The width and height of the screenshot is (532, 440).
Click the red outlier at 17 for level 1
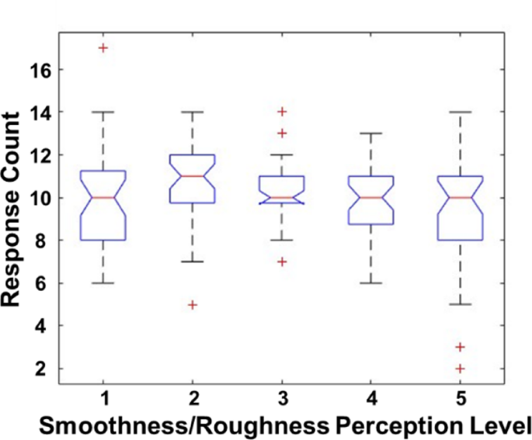coord(103,48)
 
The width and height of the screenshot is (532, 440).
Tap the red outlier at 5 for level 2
coord(193,304)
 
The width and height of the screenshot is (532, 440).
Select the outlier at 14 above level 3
coord(282,112)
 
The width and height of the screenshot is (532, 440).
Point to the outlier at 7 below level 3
coord(282,262)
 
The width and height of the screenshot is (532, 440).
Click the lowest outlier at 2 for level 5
coord(461,369)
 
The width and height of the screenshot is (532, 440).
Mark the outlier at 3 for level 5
coord(461,347)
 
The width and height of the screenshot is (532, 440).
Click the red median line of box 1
coord(103,197)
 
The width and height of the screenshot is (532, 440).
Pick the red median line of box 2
coord(193,176)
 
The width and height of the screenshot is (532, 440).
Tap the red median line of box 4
coord(371,197)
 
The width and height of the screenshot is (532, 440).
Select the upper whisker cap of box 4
coord(371,133)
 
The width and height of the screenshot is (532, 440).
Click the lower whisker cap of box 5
coord(461,304)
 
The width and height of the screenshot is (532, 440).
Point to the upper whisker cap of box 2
coord(193,112)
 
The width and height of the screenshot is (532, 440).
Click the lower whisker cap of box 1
coord(103,283)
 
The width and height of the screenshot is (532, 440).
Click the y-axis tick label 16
coord(39,70)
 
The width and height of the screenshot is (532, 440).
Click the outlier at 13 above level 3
coord(282,133)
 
